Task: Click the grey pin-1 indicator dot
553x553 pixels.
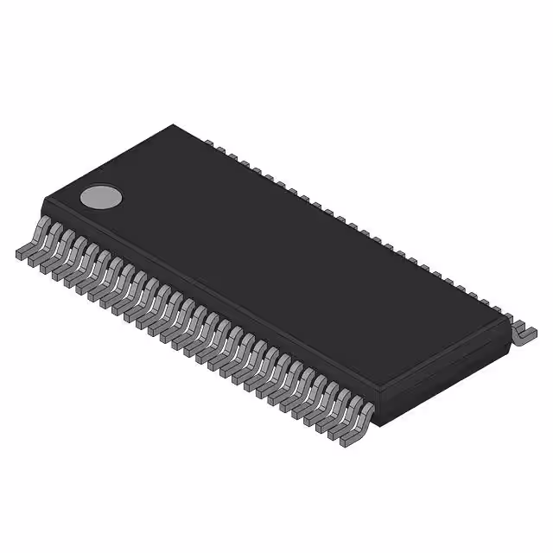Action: pos(99,197)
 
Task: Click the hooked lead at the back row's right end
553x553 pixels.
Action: pos(523,333)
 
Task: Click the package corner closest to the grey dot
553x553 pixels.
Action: pos(42,200)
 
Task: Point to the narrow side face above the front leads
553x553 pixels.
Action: pos(207,298)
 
